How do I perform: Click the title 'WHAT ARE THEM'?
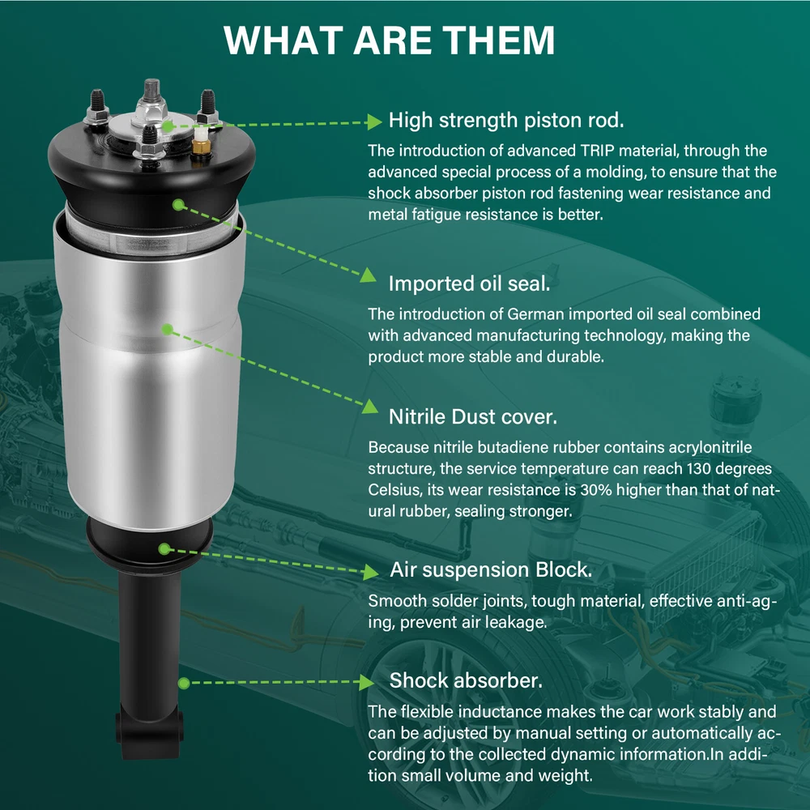(389, 40)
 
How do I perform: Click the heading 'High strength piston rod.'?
(506, 120)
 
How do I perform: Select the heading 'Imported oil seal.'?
(469, 283)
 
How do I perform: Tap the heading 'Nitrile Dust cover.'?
(473, 416)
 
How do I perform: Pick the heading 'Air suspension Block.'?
(491, 569)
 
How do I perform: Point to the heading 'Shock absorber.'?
(466, 680)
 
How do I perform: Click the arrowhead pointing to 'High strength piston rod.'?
(374, 122)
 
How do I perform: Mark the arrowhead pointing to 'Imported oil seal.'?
(369, 275)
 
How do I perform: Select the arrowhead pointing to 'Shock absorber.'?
(366, 682)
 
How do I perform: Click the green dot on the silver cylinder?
(167, 329)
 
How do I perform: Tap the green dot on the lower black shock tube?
(183, 684)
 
